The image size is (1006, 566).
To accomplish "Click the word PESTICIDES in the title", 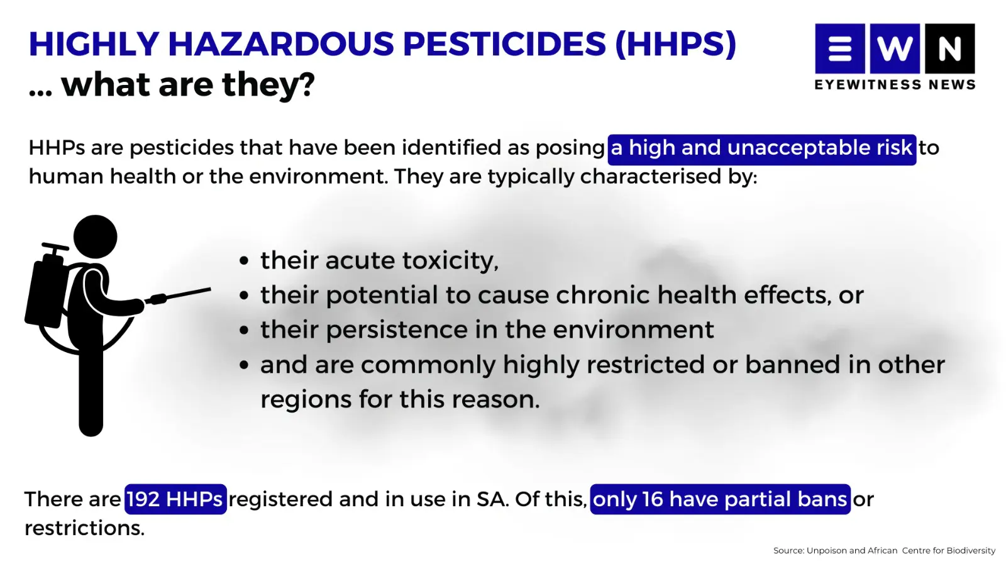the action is (x=505, y=44).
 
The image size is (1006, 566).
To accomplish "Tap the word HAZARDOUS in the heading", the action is (x=280, y=44).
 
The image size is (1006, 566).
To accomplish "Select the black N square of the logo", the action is (x=950, y=48).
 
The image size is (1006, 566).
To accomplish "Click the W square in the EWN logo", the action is (x=895, y=48).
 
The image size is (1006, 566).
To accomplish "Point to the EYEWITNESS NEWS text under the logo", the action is (x=895, y=84).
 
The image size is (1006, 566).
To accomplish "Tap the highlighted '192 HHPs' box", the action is (x=175, y=499).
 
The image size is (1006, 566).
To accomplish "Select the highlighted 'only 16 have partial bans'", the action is (x=720, y=499).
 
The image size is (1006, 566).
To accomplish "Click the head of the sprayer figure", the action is (x=95, y=236).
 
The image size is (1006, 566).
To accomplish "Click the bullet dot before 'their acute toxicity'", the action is (x=244, y=260).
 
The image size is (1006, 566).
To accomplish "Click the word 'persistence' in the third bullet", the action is (x=397, y=330).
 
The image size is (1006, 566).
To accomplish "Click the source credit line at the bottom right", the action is (x=884, y=550).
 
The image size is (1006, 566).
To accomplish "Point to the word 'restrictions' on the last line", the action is (x=84, y=528).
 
